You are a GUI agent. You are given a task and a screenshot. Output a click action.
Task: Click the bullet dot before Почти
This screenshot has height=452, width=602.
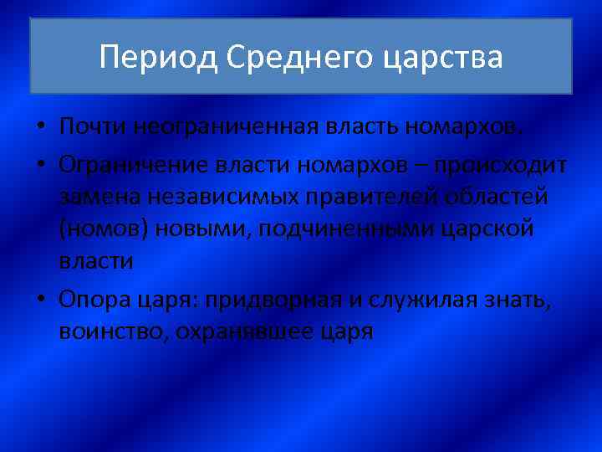pos(41,128)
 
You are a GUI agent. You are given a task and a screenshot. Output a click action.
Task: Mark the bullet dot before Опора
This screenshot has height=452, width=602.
pos(41,300)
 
